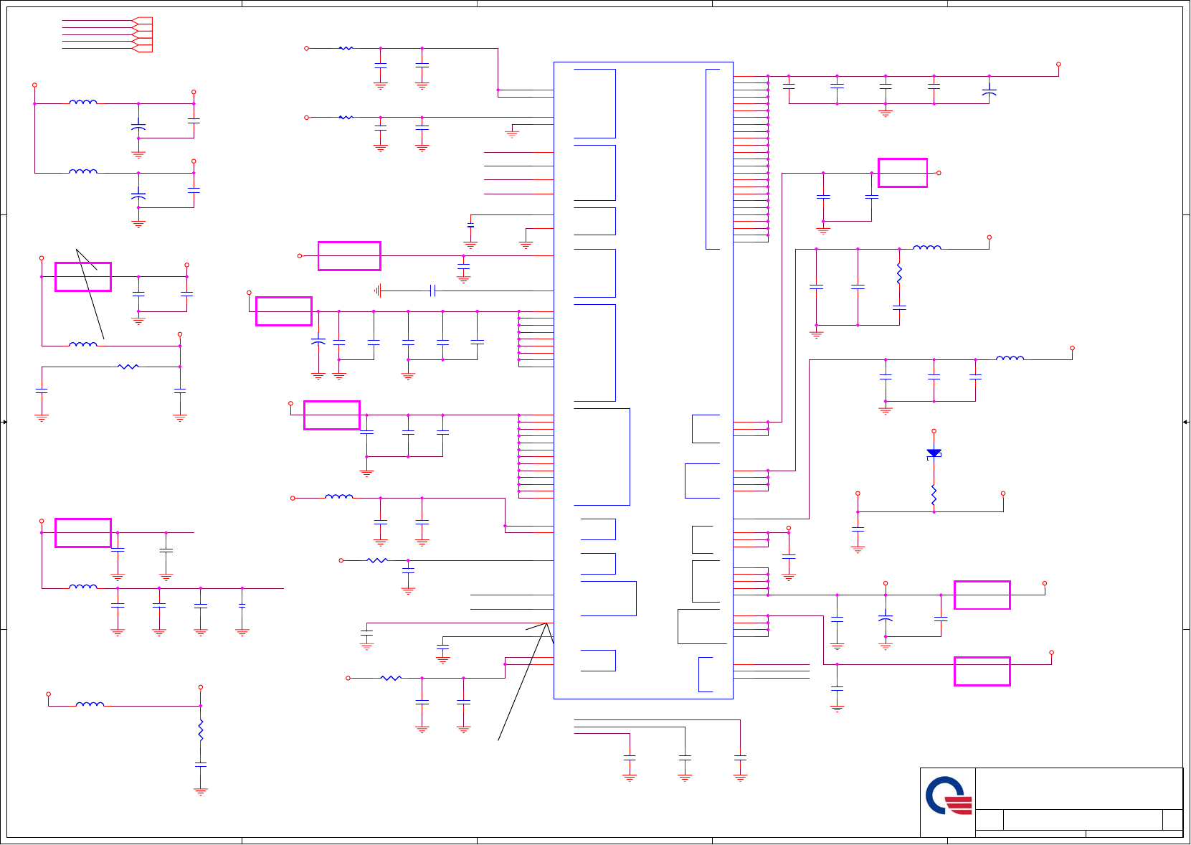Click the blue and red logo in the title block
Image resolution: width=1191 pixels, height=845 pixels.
coord(948,797)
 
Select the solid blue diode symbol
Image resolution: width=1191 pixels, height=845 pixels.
coord(934,453)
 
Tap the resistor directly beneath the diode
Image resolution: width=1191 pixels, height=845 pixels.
coord(934,494)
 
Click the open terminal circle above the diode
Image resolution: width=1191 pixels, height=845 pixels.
coord(934,431)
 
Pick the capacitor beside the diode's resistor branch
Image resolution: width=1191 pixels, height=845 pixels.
coord(858,529)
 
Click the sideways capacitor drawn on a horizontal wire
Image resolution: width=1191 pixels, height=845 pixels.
coord(432,291)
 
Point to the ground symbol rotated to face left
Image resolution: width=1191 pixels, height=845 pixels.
coord(378,291)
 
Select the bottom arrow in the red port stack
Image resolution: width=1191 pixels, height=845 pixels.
coord(143,49)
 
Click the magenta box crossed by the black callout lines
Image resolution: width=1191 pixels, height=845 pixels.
coord(83,277)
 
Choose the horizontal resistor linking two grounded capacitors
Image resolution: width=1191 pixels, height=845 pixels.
coord(128,367)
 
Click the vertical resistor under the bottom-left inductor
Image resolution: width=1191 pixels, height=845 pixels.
coord(201,730)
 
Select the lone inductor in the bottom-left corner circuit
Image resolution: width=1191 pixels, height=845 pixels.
coord(90,706)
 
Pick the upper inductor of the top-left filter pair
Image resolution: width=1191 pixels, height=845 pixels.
coord(83,103)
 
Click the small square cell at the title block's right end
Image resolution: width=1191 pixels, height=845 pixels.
coord(1172,820)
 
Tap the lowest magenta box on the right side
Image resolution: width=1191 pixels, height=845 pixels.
coord(982,671)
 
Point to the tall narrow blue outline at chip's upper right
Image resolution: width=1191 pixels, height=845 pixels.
coord(712,159)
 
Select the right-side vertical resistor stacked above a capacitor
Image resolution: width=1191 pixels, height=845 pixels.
coord(899,273)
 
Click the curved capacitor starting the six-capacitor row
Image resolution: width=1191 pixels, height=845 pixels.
coord(318,342)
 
